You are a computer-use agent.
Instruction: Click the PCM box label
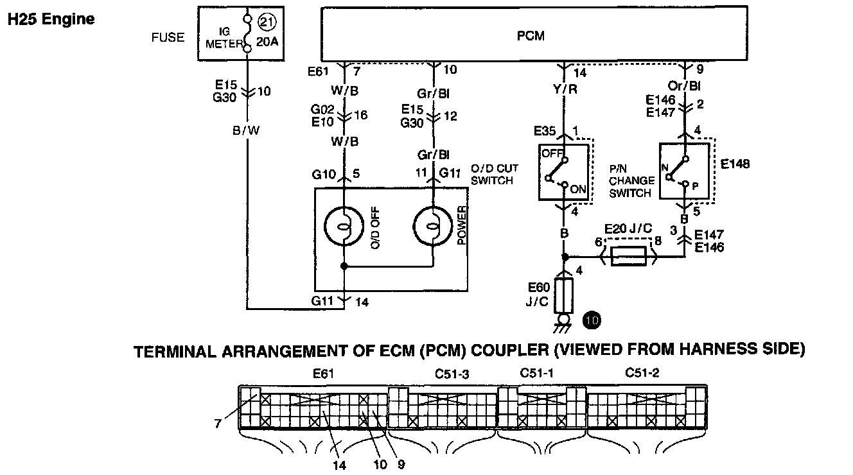point(531,36)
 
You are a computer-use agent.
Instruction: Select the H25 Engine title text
point(51,19)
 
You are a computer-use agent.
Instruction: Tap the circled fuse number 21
point(267,22)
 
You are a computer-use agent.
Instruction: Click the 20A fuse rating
point(267,42)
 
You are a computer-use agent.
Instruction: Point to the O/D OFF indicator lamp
point(344,227)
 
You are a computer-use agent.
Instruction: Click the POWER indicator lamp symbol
point(432,227)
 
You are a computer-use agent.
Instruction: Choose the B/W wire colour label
point(246,130)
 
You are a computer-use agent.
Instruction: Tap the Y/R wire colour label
point(565,89)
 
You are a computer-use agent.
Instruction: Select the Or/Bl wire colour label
point(684,86)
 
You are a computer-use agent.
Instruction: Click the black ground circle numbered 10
point(592,320)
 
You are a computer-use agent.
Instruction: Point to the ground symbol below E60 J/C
point(563,324)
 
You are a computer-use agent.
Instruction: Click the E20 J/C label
point(628,229)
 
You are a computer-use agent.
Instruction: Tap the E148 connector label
point(735,164)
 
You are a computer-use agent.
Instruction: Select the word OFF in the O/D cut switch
point(552,153)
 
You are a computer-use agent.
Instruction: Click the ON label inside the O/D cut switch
point(577,189)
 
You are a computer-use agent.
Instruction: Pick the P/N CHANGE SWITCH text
point(631,181)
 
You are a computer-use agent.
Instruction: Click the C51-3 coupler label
point(452,374)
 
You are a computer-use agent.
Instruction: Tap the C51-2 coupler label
point(642,372)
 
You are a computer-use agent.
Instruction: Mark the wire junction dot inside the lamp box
point(344,266)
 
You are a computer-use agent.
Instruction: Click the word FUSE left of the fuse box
point(168,37)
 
